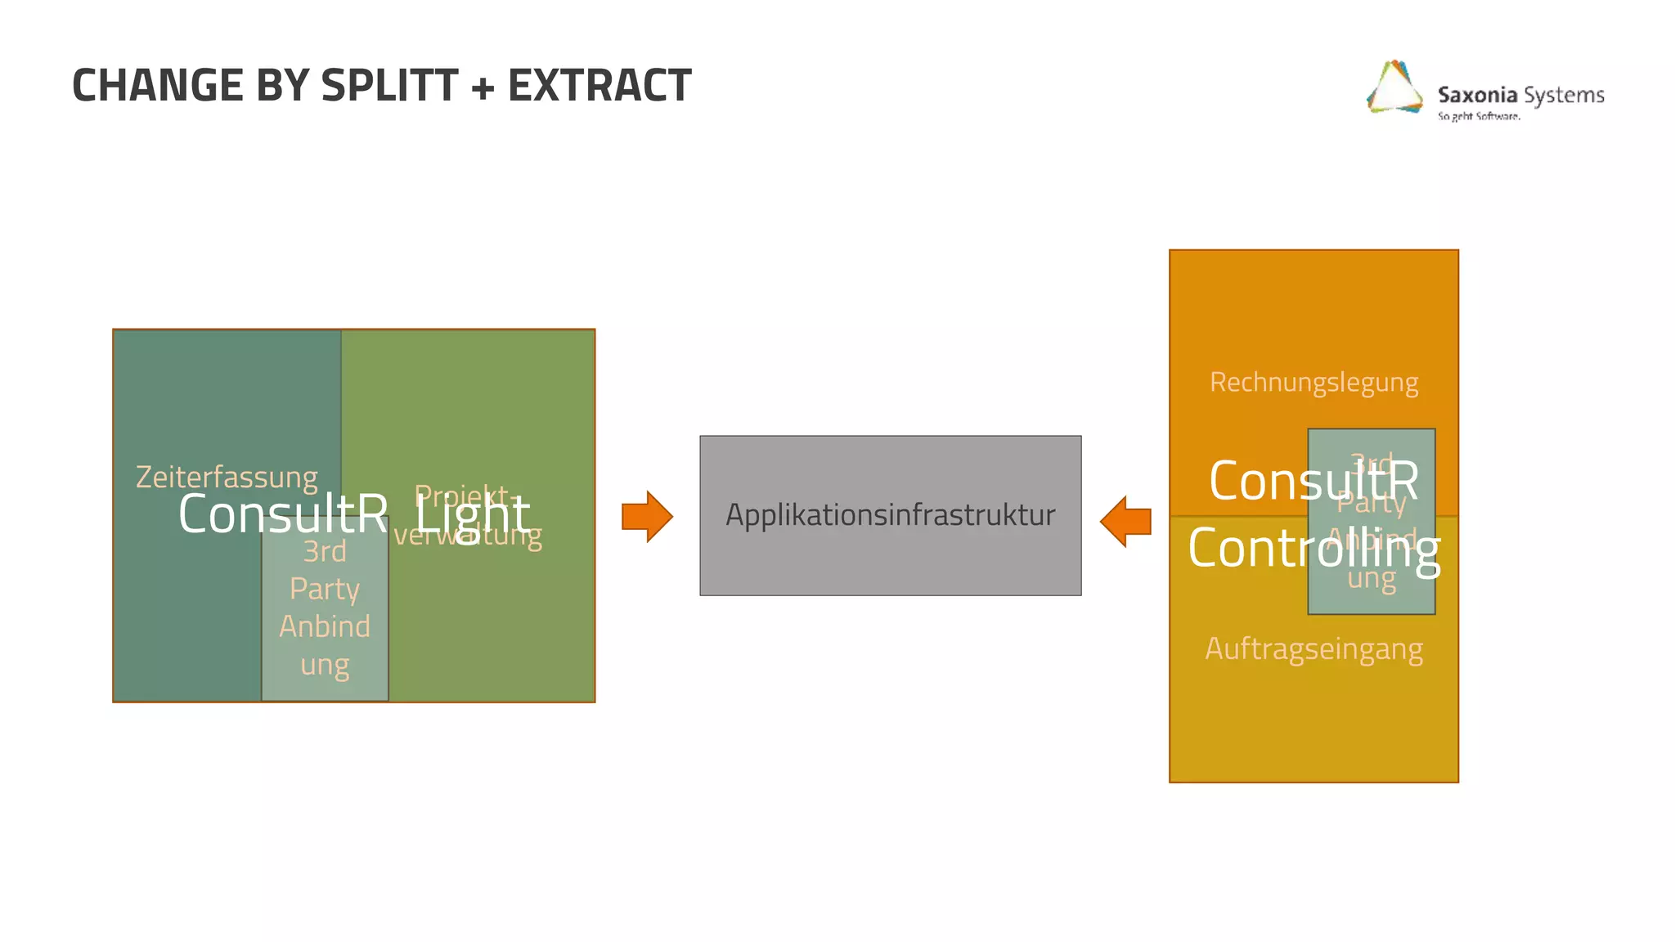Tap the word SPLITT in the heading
click(x=389, y=86)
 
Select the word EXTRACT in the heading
click(x=599, y=86)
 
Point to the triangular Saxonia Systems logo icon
click(x=1394, y=87)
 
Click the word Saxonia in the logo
click(x=1477, y=95)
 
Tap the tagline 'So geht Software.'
click(x=1479, y=116)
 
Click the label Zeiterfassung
click(x=227, y=477)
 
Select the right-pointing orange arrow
click(x=647, y=517)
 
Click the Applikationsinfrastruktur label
click(x=890, y=515)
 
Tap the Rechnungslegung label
click(x=1314, y=382)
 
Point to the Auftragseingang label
click(x=1314, y=648)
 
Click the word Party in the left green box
click(x=325, y=589)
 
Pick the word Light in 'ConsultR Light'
click(x=473, y=514)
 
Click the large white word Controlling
click(x=1314, y=549)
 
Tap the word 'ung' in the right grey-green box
click(x=1372, y=578)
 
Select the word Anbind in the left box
click(x=325, y=626)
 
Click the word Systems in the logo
click(x=1564, y=95)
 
